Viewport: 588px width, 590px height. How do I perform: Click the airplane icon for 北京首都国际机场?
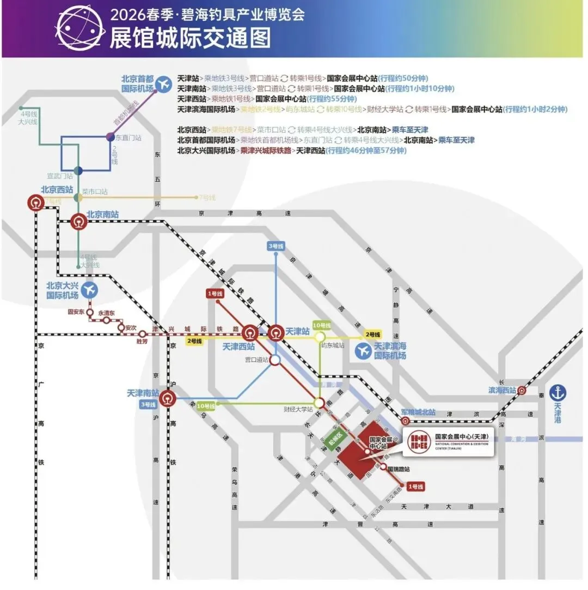click(x=163, y=84)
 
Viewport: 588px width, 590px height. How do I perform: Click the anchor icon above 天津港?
click(x=558, y=392)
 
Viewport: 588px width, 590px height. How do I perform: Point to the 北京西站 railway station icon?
click(x=36, y=203)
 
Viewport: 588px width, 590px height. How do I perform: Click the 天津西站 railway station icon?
click(x=250, y=332)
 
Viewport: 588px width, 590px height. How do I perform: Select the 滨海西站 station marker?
click(x=522, y=390)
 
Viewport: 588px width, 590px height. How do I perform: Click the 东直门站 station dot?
click(x=111, y=137)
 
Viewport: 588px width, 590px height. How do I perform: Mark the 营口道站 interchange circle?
click(x=275, y=360)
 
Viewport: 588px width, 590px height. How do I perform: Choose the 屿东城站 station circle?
click(x=320, y=337)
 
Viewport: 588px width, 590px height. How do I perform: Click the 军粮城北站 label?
click(x=418, y=412)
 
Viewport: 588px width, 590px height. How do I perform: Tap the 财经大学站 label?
click(x=298, y=409)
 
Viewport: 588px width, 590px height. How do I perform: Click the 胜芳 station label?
click(x=142, y=342)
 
